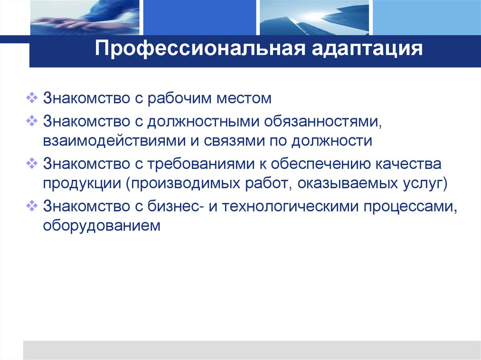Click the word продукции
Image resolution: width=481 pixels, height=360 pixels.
(80, 184)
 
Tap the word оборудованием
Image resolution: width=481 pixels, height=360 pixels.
(102, 226)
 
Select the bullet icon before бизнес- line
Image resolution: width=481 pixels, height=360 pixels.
(32, 206)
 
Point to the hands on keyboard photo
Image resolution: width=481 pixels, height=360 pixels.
(84, 17)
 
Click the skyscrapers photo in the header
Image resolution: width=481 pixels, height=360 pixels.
(314, 17)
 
